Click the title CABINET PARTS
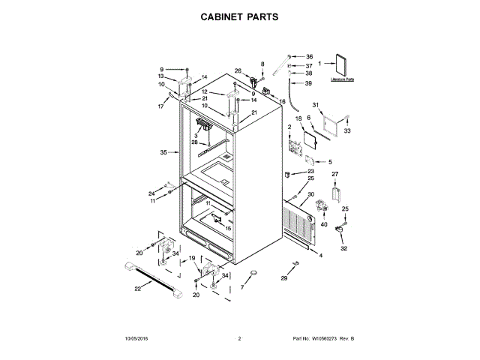pos(240,15)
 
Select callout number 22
pos(137,289)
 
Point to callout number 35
pos(163,153)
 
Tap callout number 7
pos(242,287)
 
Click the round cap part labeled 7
pos(253,273)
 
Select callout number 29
pos(284,279)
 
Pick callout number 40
pos(324,224)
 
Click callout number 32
pos(344,248)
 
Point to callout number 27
pos(335,175)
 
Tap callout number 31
pos(316,104)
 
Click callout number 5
pos(329,161)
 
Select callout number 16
pos(283,101)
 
